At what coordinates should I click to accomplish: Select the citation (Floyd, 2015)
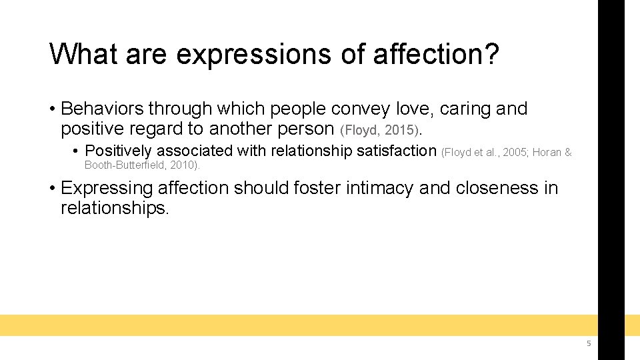381,129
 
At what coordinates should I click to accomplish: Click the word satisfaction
396,151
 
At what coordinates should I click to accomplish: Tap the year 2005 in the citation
513,153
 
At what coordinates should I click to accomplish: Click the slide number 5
588,343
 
